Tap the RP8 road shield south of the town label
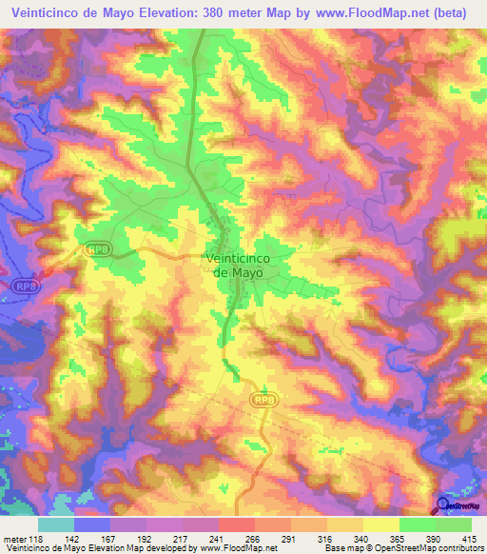click(263, 399)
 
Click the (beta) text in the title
click(449, 12)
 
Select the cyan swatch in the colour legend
click(56, 524)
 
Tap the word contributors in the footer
click(459, 547)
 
